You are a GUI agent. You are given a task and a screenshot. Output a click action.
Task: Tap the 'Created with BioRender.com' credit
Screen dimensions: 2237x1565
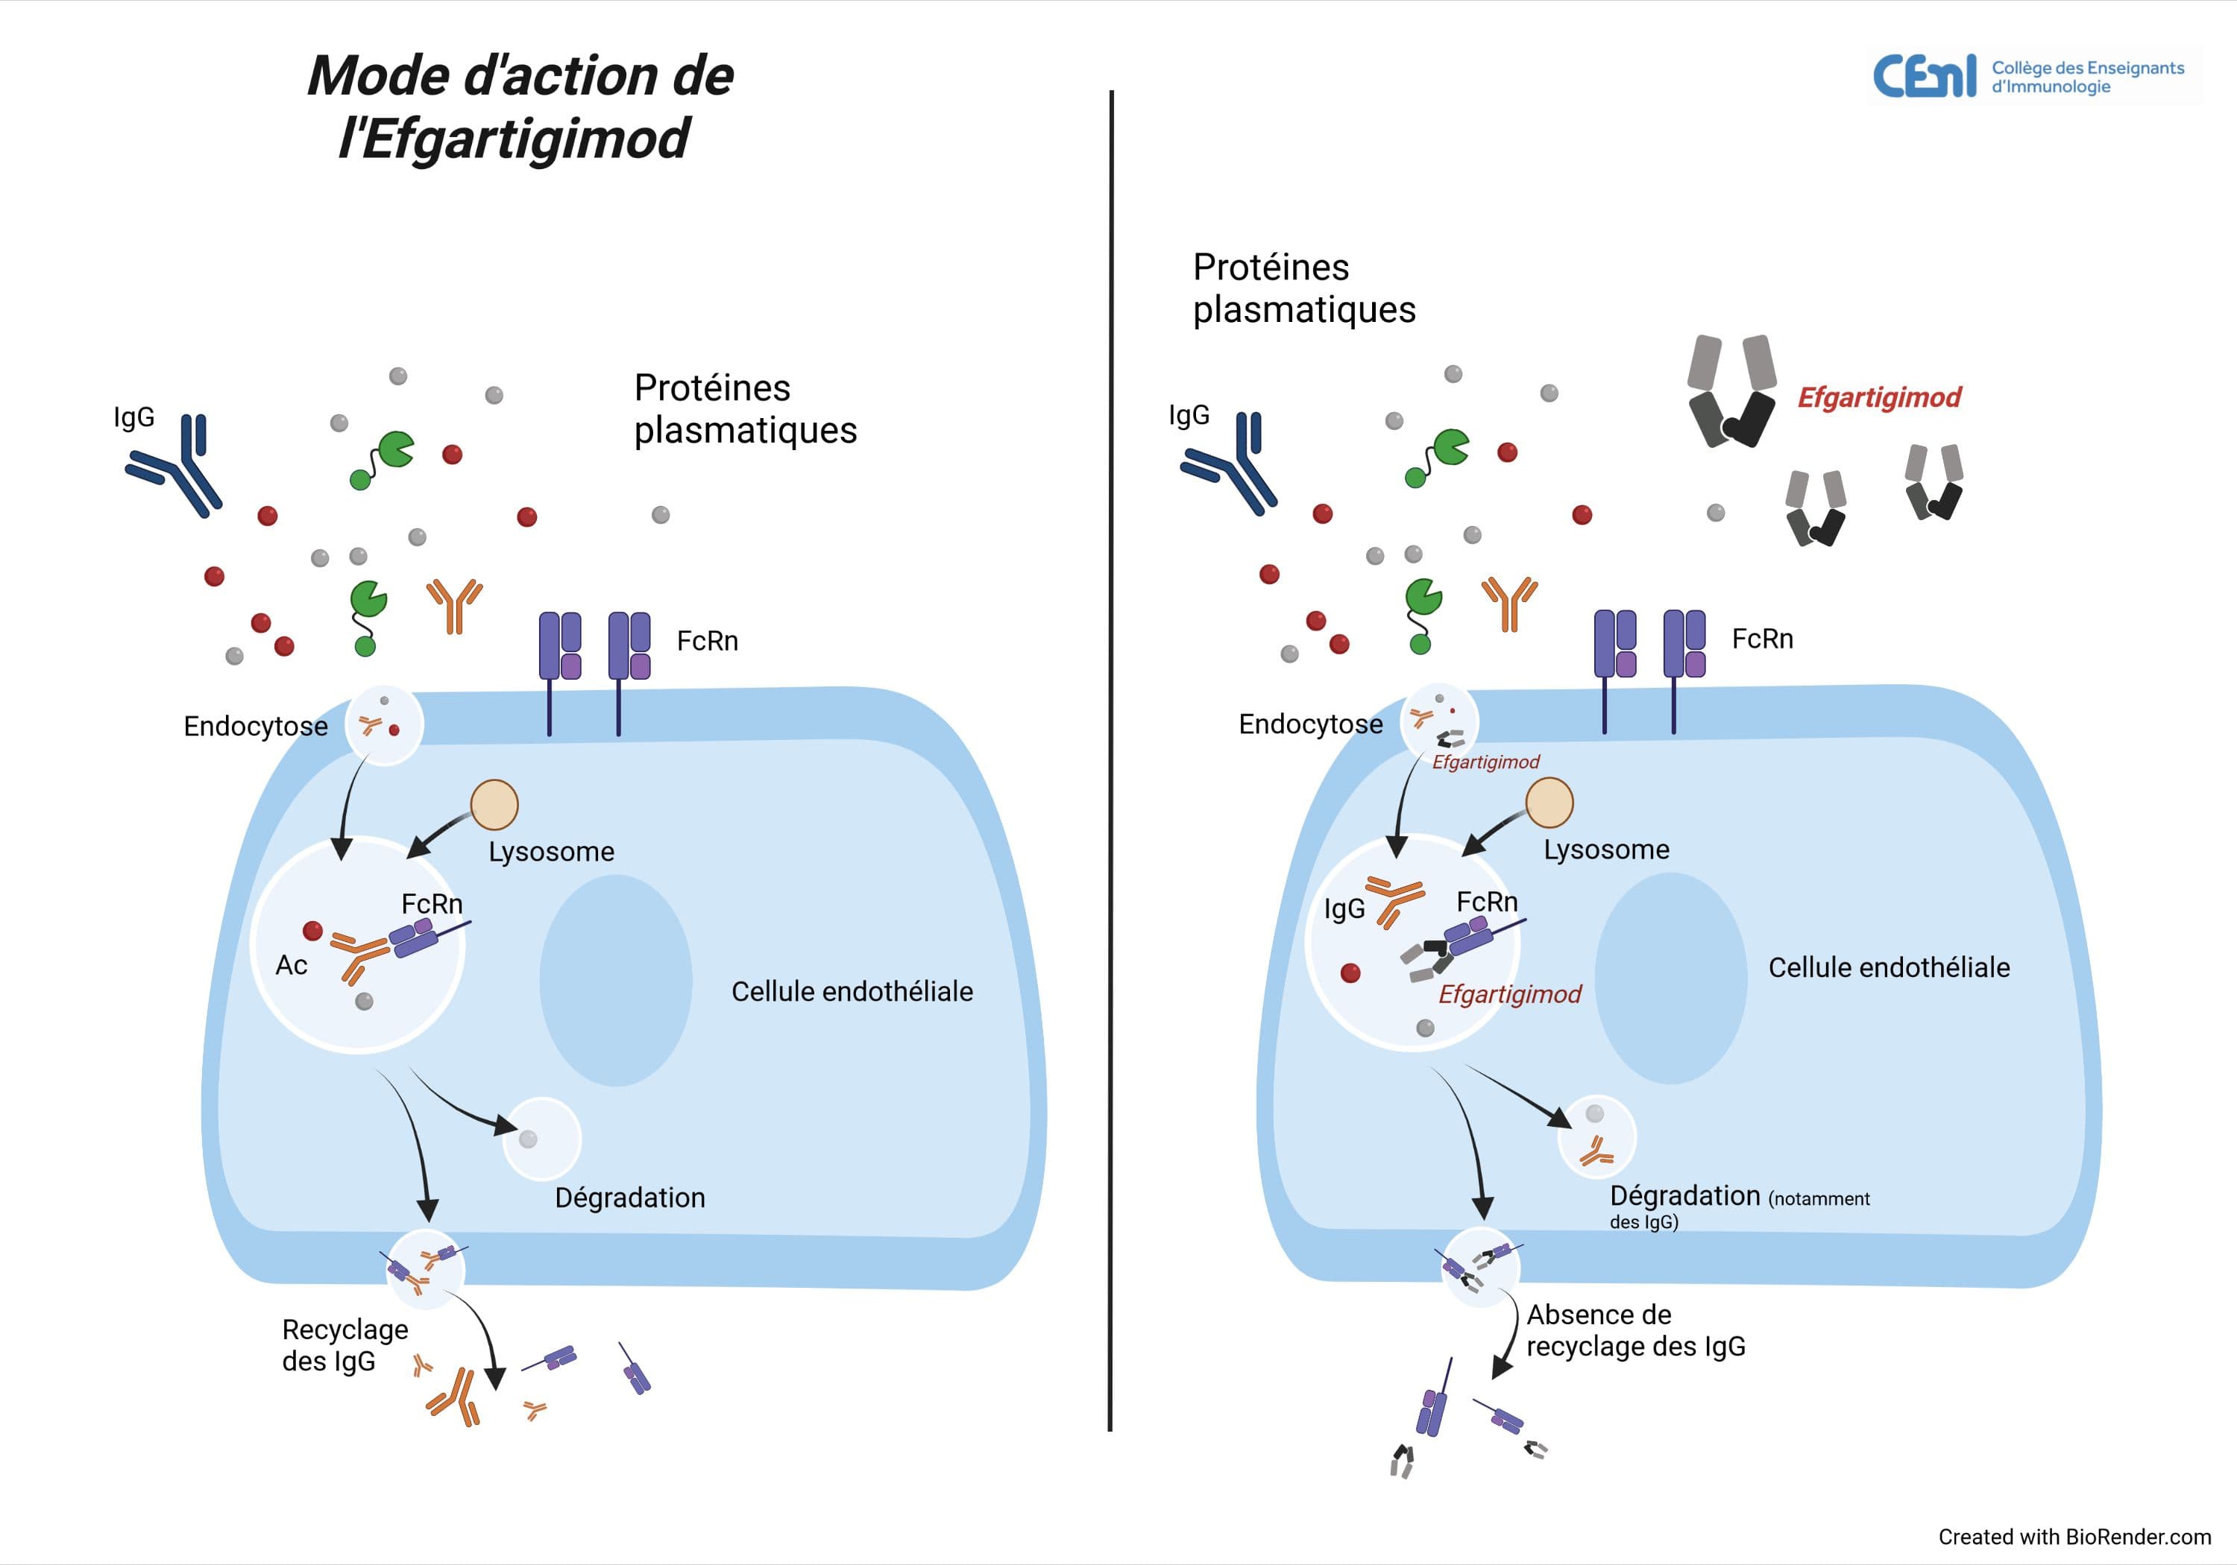pyautogui.click(x=2074, y=1537)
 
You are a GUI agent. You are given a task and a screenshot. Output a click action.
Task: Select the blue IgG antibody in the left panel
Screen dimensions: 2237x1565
pyautogui.click(x=174, y=466)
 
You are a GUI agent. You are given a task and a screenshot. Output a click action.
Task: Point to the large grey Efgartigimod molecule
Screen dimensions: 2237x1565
pyautogui.click(x=1731, y=391)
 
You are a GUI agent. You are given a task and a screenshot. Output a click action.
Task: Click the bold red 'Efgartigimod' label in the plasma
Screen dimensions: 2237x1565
pyautogui.click(x=1878, y=397)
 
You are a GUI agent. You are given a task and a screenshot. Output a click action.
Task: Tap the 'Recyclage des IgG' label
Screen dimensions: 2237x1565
pyautogui.click(x=345, y=1345)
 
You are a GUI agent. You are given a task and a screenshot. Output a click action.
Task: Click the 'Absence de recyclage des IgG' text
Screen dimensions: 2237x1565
pyautogui.click(x=1635, y=1330)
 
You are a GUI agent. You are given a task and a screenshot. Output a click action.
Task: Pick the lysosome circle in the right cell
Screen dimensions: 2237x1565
pyautogui.click(x=1549, y=803)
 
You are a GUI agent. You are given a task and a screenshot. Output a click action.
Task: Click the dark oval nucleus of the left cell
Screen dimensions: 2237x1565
pyautogui.click(x=616, y=980)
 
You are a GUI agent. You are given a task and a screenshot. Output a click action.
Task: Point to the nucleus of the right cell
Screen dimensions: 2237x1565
pyautogui.click(x=1671, y=978)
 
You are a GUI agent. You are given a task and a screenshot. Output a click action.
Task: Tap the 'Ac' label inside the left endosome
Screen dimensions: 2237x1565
pyautogui.click(x=292, y=965)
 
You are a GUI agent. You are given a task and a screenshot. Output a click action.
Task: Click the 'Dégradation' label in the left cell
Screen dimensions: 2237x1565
pyautogui.click(x=629, y=1198)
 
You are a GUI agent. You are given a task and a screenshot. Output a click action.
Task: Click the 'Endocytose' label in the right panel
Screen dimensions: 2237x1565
pyautogui.click(x=1310, y=724)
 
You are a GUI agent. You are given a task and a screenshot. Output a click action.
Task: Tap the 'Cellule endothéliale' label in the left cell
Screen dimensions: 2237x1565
pyautogui.click(x=852, y=991)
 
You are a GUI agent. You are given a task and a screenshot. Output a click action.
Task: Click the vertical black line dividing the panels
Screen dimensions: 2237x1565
pyautogui.click(x=1111, y=759)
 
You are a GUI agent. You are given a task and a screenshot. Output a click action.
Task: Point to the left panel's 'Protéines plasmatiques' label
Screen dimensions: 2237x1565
pyautogui.click(x=746, y=409)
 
